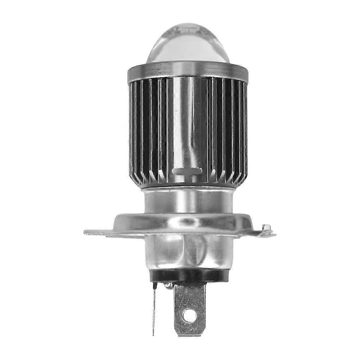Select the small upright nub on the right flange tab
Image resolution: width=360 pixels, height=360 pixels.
266,228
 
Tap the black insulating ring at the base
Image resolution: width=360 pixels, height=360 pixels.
188,275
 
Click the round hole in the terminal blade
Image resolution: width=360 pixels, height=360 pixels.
190,316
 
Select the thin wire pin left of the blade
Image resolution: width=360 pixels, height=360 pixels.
154,309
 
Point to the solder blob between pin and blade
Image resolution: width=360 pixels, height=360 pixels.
167,286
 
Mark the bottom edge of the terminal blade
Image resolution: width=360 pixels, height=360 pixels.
189,335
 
